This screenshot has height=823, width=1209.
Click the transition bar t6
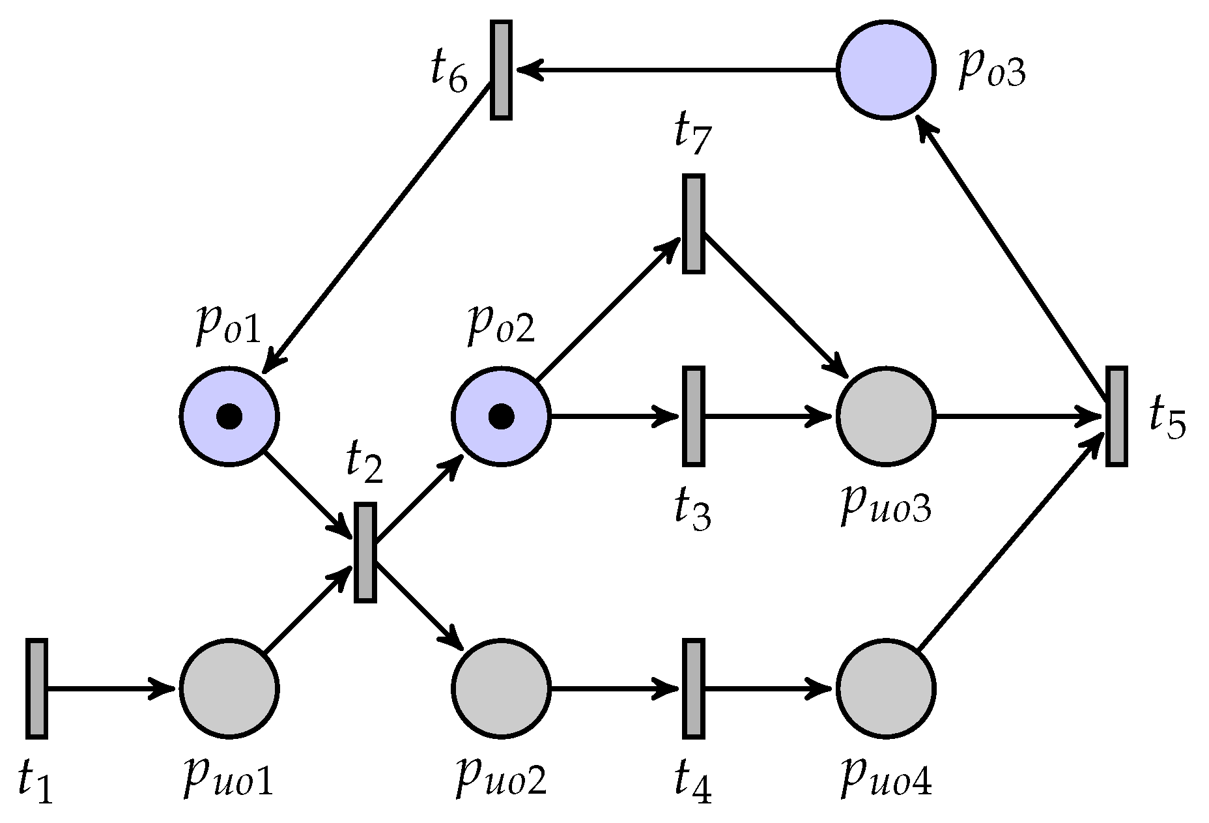500,70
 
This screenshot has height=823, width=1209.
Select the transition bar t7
693,224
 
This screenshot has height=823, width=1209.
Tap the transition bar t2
365,552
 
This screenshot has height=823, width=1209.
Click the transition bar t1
36,689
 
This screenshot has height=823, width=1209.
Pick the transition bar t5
1117,416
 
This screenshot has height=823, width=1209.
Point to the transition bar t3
693,416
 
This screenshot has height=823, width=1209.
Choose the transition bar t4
693,689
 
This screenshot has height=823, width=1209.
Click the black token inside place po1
229,416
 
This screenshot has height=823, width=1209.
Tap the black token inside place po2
501,416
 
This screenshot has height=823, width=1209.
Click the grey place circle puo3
886,416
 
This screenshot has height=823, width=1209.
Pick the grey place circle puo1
229,689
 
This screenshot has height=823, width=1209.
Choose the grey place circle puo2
501,689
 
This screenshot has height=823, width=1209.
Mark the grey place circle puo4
886,689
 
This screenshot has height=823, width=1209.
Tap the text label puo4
886,779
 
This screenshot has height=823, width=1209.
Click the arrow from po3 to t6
677,70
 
